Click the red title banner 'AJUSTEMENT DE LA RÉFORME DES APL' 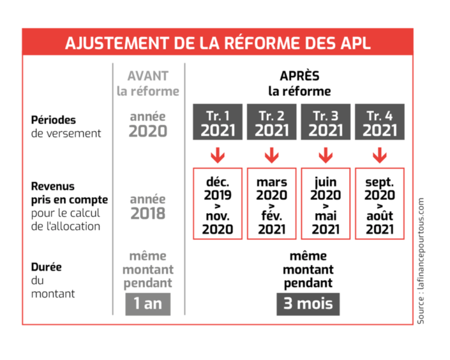click(217, 43)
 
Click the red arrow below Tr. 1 click(218, 154)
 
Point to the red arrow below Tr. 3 click(326, 154)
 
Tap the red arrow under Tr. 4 click(379, 154)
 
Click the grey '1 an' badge click(147, 303)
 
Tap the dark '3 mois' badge click(308, 303)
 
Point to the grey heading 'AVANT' click(147, 76)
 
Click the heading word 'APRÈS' click(299, 76)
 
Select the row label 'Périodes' click(53, 119)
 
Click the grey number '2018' click(147, 214)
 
